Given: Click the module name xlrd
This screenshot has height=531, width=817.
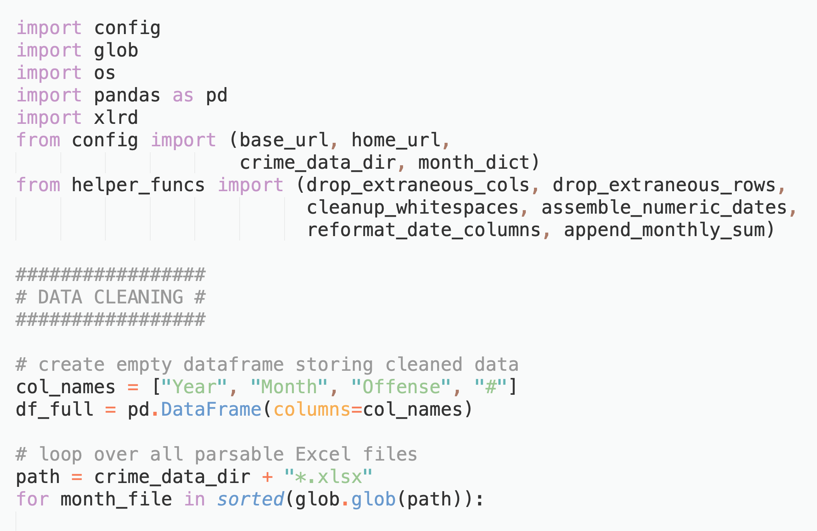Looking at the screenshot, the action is (116, 118).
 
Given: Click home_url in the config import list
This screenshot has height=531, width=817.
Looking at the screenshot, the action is (396, 140).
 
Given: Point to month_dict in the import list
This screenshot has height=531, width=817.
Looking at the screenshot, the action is (474, 163).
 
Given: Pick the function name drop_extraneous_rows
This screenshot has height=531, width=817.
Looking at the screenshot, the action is (664, 185).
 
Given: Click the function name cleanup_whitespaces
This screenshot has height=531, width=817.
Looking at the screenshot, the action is (413, 207).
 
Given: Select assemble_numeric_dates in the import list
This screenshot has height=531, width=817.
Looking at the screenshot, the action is (664, 207).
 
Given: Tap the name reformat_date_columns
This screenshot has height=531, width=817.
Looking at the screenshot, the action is (424, 230).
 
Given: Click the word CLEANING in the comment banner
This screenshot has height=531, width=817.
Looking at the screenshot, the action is (139, 297).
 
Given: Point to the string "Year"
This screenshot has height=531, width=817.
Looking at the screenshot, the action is (194, 387).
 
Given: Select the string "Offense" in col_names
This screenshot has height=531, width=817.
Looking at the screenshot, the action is (401, 387).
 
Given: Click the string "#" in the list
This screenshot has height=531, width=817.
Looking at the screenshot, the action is (491, 387).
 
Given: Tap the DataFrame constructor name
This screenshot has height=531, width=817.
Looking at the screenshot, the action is (211, 409).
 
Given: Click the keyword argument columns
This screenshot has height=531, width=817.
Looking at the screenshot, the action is (312, 409).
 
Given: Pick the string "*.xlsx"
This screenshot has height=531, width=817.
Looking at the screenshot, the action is (328, 477).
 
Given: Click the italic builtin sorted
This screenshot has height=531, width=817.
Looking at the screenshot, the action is (251, 499).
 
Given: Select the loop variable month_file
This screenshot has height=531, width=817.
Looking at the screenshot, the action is (116, 499).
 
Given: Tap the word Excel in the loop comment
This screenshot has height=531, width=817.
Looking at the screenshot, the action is (323, 454).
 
